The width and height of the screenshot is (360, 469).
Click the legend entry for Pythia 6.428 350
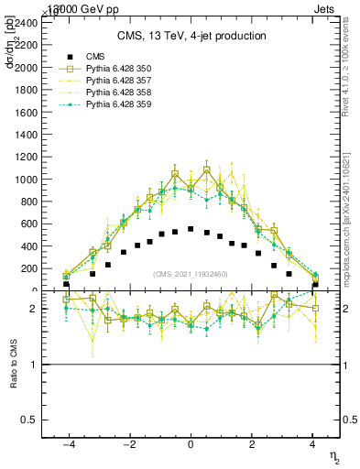pyautogui.click(x=115, y=69)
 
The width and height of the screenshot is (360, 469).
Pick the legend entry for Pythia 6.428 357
pyautogui.click(x=115, y=81)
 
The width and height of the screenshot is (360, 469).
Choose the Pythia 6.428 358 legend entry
pyautogui.click(x=115, y=93)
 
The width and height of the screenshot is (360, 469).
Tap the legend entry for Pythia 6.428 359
pyautogui.click(x=115, y=104)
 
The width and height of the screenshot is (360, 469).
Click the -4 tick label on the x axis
pyautogui.click(x=67, y=442)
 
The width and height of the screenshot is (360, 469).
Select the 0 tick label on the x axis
pyautogui.click(x=191, y=442)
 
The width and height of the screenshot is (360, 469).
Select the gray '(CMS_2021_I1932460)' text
pyautogui.click(x=191, y=274)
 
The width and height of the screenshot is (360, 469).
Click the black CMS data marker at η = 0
pyautogui.click(x=191, y=229)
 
